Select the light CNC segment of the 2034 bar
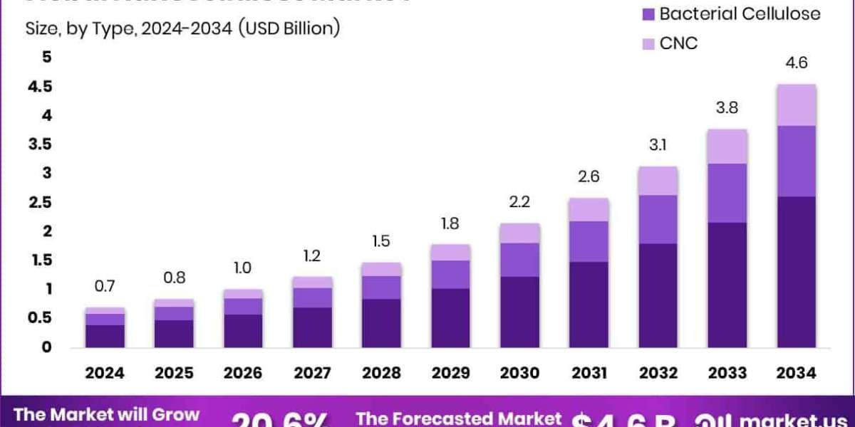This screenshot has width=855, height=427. pyautogui.click(x=796, y=105)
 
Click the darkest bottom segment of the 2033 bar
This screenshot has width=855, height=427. pyautogui.click(x=727, y=285)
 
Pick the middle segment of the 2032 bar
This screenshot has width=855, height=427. pyautogui.click(x=658, y=219)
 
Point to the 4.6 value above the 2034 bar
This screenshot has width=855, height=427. pyautogui.click(x=796, y=63)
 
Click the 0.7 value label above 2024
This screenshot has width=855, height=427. pyautogui.click(x=105, y=286)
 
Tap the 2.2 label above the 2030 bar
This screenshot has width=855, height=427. pyautogui.click(x=519, y=201)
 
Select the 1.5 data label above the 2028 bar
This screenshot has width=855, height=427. pyautogui.click(x=381, y=241)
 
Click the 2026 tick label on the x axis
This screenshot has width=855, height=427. pyautogui.click(x=243, y=373)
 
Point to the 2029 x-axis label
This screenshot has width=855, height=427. pyautogui.click(x=450, y=373)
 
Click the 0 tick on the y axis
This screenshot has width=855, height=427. pyautogui.click(x=47, y=347)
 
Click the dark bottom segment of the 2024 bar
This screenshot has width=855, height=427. pyautogui.click(x=105, y=336)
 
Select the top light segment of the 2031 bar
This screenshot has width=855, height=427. pyautogui.click(x=589, y=209)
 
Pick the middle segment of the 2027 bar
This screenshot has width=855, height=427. pyautogui.click(x=312, y=297)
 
